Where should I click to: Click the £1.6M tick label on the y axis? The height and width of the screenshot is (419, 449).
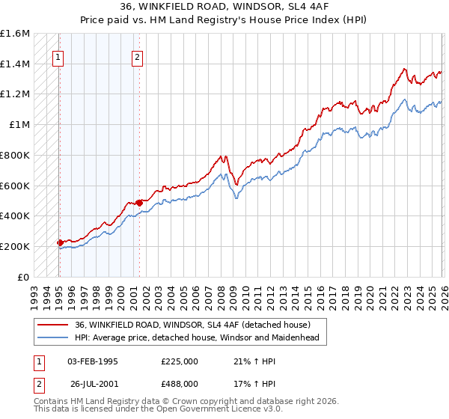coord(15,34)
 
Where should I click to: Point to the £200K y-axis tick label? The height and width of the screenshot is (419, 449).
coord(15,246)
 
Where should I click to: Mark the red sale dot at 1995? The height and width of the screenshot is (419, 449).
coord(60,242)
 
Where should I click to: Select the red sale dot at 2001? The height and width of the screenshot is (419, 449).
coord(139,202)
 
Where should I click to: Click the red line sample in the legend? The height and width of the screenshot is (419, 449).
coord(53,324)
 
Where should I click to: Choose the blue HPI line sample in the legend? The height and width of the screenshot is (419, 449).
coord(53,337)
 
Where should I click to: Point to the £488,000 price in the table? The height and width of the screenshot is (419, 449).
coord(180,382)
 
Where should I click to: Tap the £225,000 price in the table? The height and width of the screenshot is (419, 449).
coord(180,361)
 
